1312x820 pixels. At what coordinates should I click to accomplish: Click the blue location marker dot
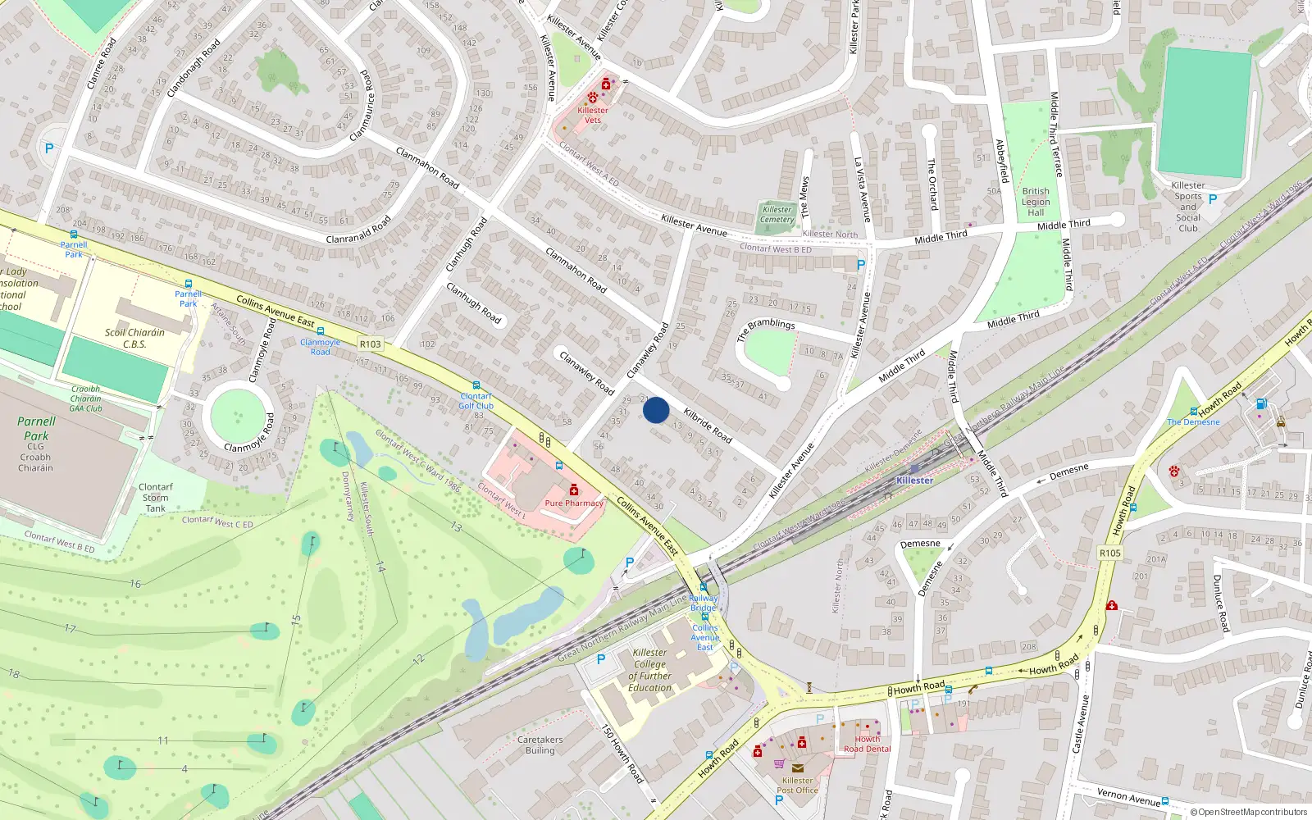click(656, 410)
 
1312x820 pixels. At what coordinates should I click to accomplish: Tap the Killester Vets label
click(593, 115)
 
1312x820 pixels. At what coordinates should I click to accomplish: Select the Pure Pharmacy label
click(574, 503)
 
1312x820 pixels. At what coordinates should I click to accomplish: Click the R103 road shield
click(371, 344)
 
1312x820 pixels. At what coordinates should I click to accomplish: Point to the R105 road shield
click(1110, 553)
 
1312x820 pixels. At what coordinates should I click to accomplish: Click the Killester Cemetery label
click(777, 215)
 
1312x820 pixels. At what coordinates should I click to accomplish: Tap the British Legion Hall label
click(1036, 202)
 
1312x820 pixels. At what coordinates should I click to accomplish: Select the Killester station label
click(914, 481)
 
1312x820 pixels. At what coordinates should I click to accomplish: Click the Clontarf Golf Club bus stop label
click(476, 401)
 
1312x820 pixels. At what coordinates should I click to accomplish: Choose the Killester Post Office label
click(797, 786)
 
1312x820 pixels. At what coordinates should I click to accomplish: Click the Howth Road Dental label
click(867, 744)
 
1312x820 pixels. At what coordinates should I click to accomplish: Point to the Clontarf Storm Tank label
click(155, 498)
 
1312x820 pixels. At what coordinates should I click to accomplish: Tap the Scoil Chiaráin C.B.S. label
click(134, 339)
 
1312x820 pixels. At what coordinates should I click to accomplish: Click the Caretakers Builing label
click(540, 745)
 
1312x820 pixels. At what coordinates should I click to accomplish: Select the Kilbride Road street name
click(708, 425)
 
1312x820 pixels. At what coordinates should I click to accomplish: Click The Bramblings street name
click(766, 330)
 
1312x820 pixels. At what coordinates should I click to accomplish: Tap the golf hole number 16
click(135, 584)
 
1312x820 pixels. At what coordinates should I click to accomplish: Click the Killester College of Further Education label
click(650, 670)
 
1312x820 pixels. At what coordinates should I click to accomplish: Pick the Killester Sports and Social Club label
click(1188, 207)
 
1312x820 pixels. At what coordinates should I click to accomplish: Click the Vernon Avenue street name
click(1128, 796)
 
